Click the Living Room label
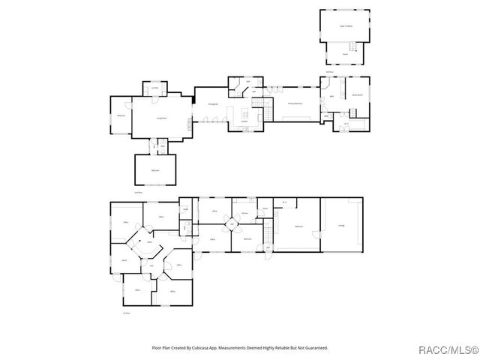(160, 118)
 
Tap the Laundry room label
(154, 89)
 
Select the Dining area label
(212, 104)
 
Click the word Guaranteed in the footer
(316, 347)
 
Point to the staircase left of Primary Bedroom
(260, 106)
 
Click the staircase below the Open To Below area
(345, 60)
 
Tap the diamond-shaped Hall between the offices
(232, 224)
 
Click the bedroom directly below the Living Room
(155, 170)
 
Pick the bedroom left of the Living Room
(120, 116)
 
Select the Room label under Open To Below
(345, 54)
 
